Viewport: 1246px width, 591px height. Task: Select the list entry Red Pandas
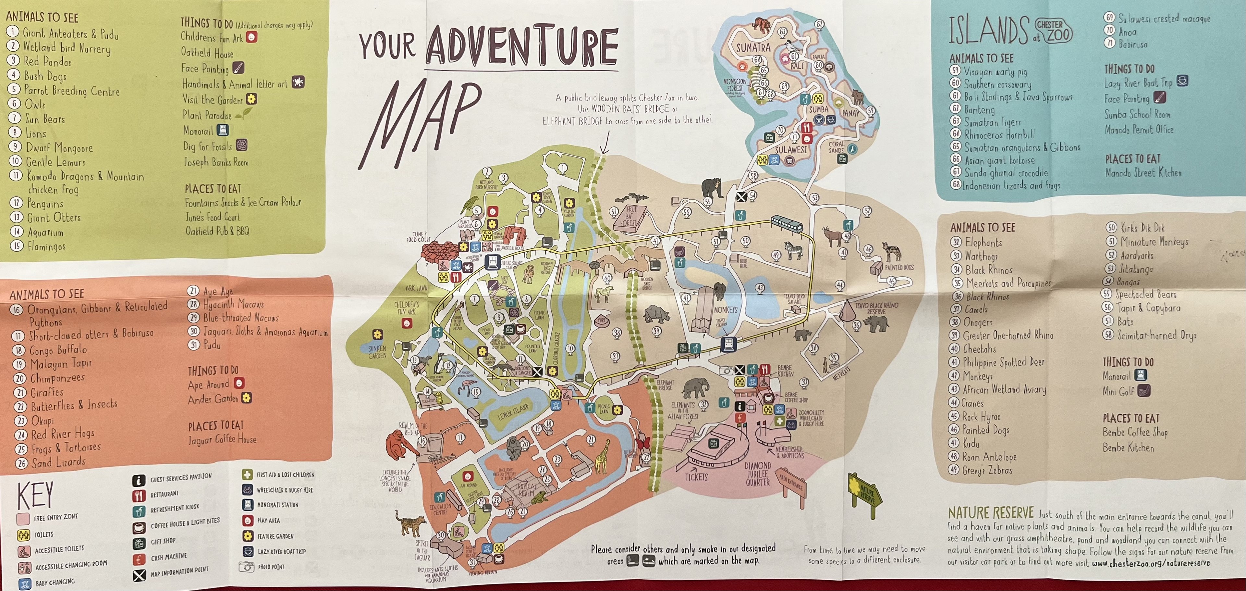pyautogui.click(x=47, y=61)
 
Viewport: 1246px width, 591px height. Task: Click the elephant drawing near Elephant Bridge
pyautogui.click(x=696, y=388)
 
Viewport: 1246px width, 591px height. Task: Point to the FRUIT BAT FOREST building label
pyautogui.click(x=629, y=216)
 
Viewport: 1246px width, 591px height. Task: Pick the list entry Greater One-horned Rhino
pyautogui.click(x=1008, y=335)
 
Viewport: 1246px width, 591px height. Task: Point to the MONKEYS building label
pyautogui.click(x=726, y=310)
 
